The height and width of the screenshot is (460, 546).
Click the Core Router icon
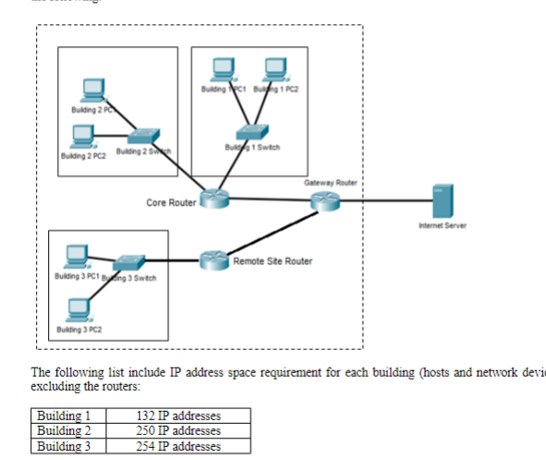(x=215, y=198)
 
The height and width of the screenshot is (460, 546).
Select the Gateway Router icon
(x=325, y=201)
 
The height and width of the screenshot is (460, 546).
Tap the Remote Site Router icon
(x=214, y=260)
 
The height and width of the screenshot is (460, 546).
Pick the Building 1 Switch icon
(x=251, y=133)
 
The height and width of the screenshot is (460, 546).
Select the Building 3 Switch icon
(x=125, y=261)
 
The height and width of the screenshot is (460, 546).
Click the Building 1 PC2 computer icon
(x=274, y=70)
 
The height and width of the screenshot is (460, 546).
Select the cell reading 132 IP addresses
(x=179, y=415)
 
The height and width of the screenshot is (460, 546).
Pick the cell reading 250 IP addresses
(x=179, y=430)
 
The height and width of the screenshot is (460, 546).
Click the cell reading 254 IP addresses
(x=179, y=446)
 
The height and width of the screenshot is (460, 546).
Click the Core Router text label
(x=171, y=203)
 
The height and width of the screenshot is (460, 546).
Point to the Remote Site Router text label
(x=272, y=261)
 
